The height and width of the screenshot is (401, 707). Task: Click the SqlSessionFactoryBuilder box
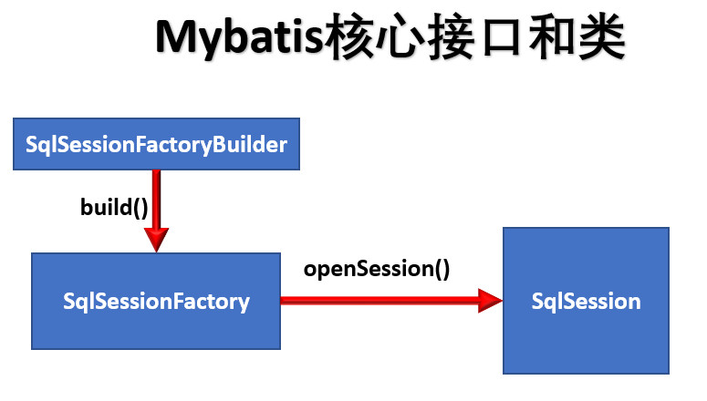click(x=157, y=144)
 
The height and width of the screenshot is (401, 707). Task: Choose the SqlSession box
click(x=586, y=301)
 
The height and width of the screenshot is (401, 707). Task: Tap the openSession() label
click(x=377, y=269)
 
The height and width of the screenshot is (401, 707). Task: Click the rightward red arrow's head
click(x=490, y=301)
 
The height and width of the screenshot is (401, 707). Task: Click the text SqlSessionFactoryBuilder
click(x=157, y=144)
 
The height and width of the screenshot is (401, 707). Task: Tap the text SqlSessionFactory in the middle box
click(x=156, y=302)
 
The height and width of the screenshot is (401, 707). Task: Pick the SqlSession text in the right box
click(x=586, y=301)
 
